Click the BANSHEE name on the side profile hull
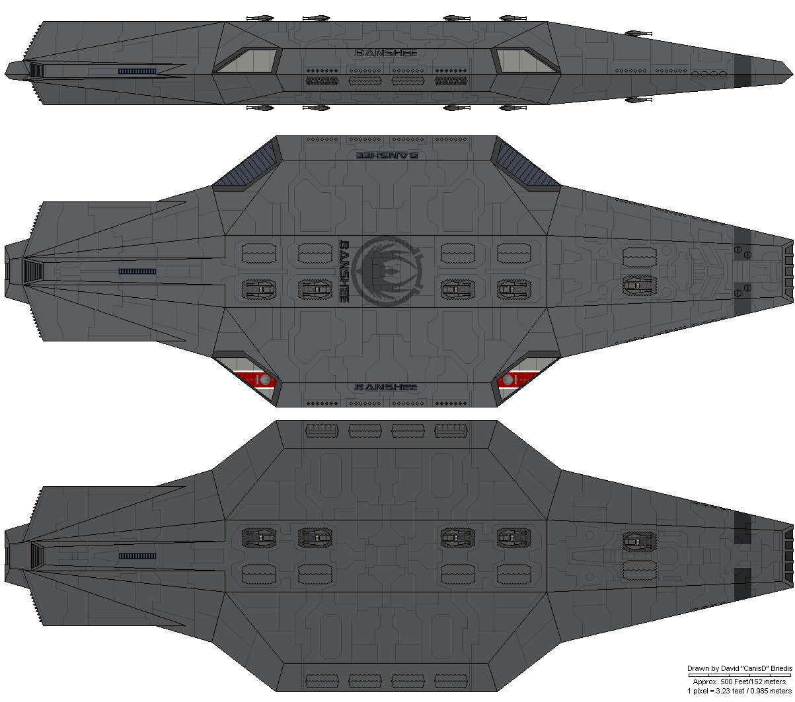tap(386, 53)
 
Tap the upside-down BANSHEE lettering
tap(386, 156)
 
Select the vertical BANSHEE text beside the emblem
tap(344, 271)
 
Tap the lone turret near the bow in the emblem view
tap(640, 285)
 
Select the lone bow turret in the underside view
tap(640, 542)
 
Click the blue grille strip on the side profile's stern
tap(137, 71)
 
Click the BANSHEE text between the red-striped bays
tap(386, 387)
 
